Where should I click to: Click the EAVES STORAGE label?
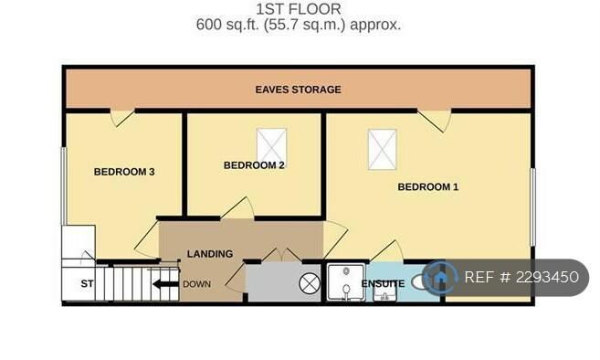coord(298,90)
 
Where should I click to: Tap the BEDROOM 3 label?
coord(124,172)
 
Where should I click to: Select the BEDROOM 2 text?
coord(254,165)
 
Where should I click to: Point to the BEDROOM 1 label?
coord(427,187)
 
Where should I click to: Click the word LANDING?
coord(210,254)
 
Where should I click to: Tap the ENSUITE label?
coord(383,283)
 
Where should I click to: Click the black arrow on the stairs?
coord(165,284)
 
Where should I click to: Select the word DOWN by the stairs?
coord(196,284)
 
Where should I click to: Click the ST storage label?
coord(87,284)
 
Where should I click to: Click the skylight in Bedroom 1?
coord(383,149)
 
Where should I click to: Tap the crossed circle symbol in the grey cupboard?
coord(310,284)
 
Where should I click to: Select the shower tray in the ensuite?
coord(346,282)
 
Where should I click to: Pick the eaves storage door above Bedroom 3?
coord(122,118)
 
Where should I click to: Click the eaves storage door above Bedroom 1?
coord(434,121)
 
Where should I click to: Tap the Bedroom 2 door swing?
coord(237,208)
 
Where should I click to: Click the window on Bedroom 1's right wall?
coord(532,206)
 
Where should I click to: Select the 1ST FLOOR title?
coord(298,9)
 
